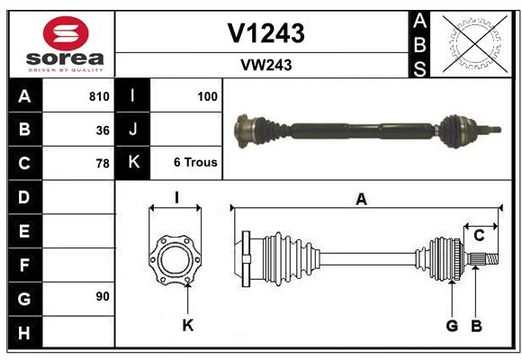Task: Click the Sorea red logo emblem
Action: pos(66,33)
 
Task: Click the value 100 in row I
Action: pos(207,96)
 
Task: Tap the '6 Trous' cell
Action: pos(194,164)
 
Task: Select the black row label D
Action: pos(24,197)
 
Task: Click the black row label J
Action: pos(133,130)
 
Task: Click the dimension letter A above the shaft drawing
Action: pos(362,200)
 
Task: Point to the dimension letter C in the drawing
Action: pos(479,236)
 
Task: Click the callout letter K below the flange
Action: pos(187,326)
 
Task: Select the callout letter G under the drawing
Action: pos(452,326)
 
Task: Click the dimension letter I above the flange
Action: pos(176,197)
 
